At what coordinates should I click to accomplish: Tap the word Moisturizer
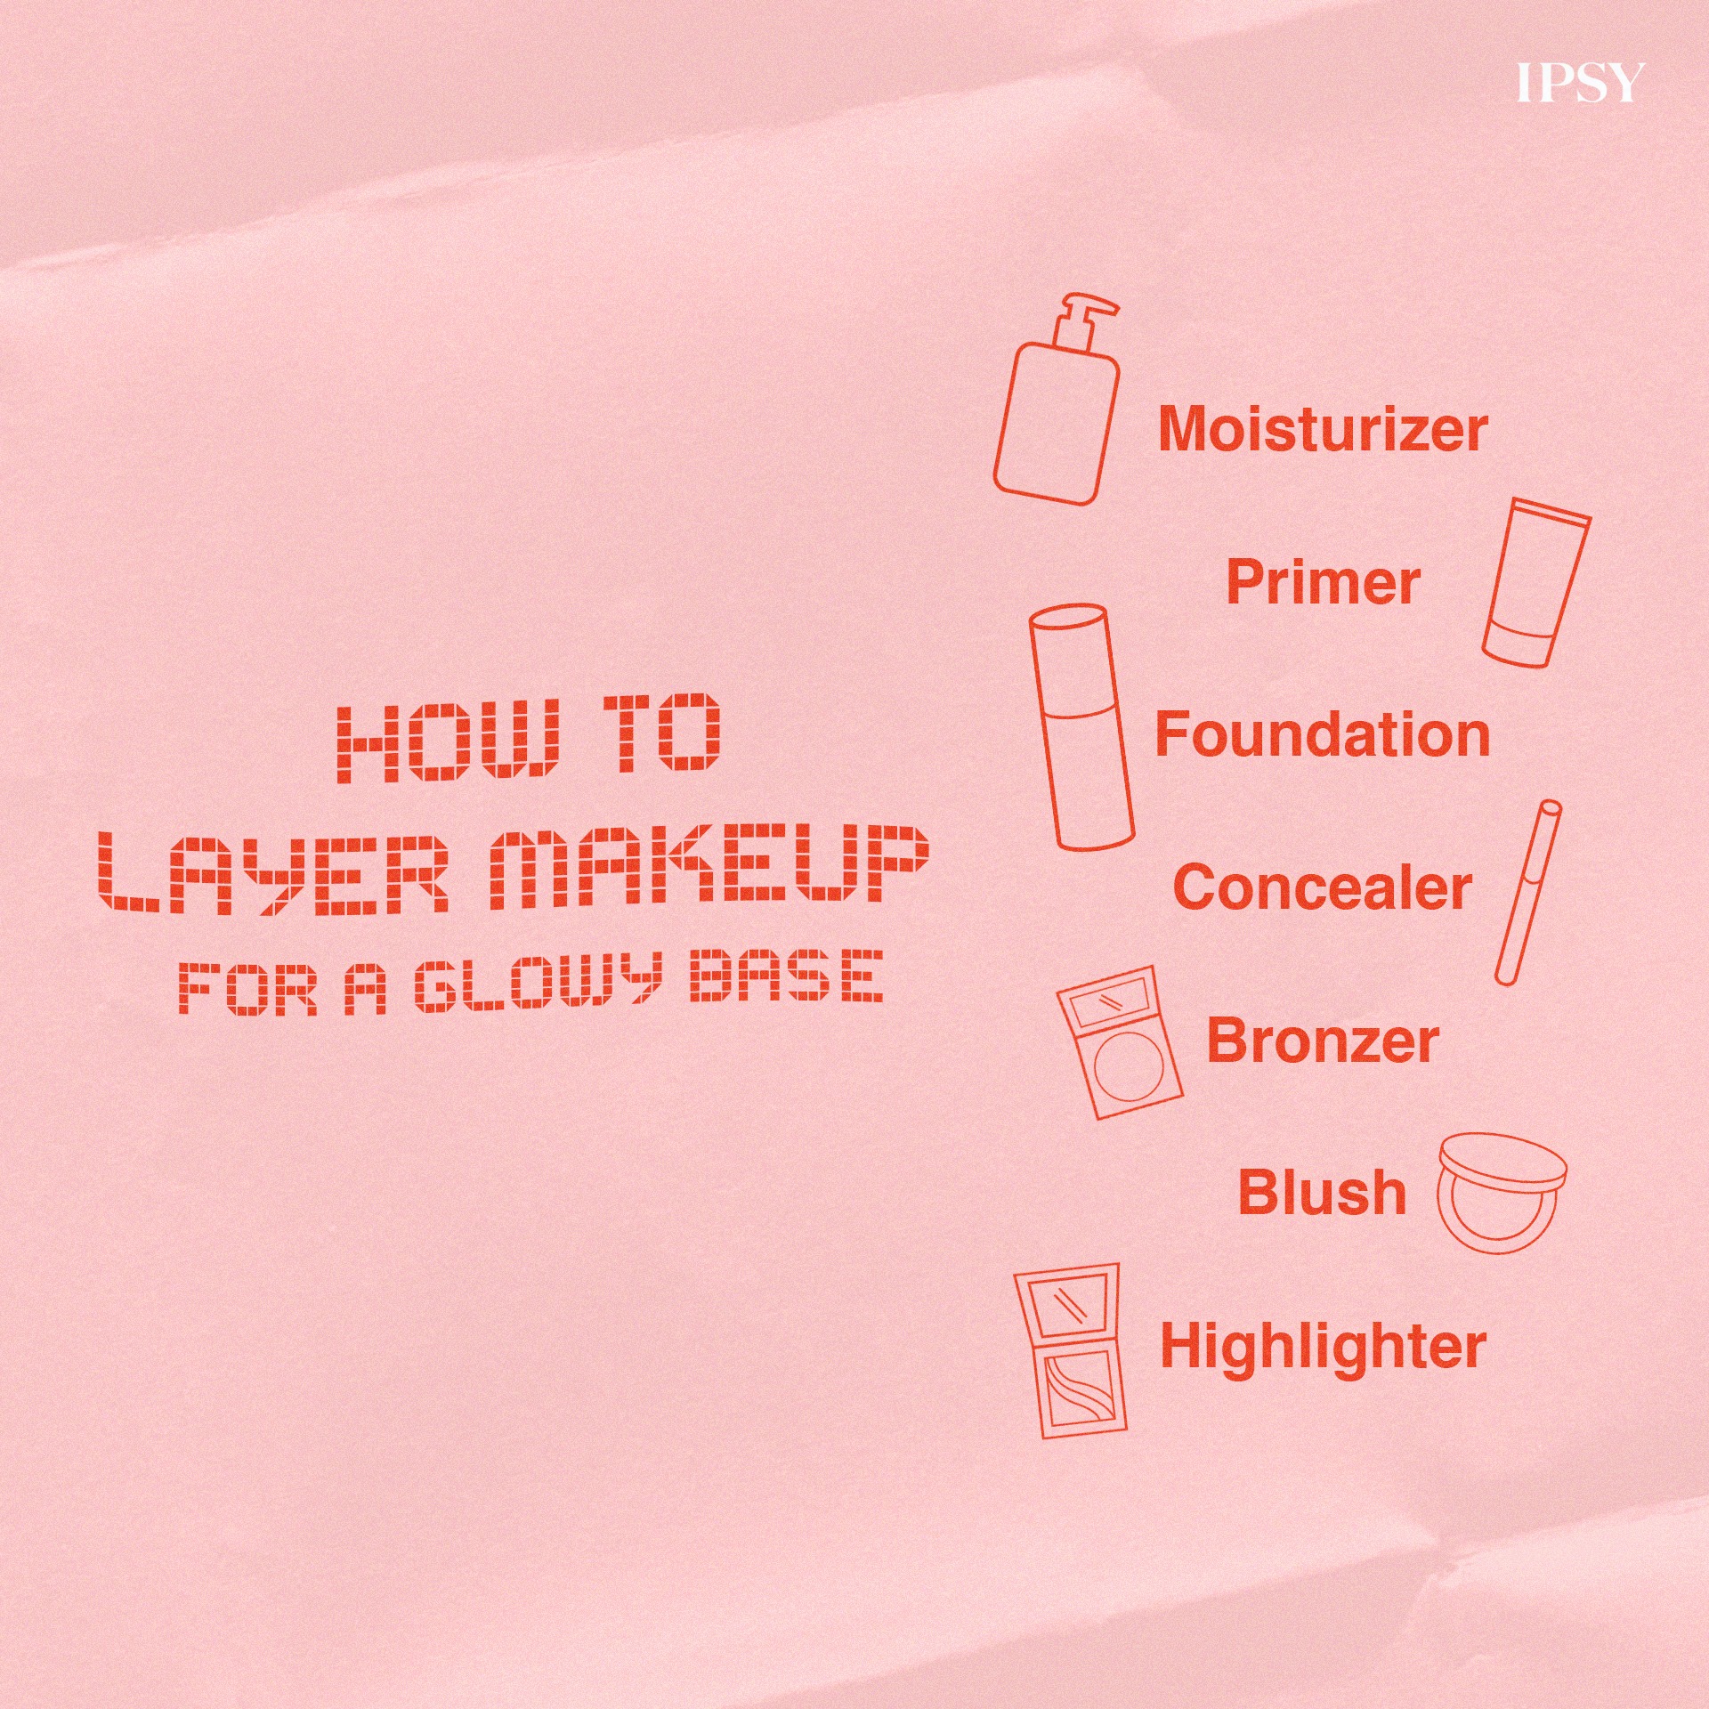pos(1323,429)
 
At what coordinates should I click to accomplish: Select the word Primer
pos(1323,583)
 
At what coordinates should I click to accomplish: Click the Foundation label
pos(1323,734)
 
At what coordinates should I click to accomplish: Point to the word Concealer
pos(1323,887)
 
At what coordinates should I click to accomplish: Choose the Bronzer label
pos(1323,1041)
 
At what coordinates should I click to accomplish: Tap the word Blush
pos(1323,1193)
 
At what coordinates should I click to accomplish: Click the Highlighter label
pos(1323,1346)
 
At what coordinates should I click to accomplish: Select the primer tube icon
pos(1536,582)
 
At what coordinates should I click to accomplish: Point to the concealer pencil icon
pos(1527,892)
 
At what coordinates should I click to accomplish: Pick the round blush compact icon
pos(1502,1193)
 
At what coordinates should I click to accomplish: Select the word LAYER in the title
pos(272,871)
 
